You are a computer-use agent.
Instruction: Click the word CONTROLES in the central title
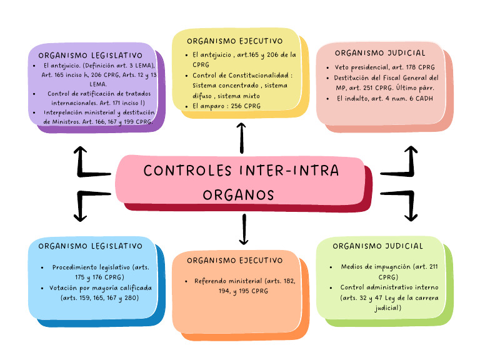pos(178,171)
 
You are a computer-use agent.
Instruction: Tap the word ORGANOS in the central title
pos(239,194)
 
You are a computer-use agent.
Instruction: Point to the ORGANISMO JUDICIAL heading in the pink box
pos(380,53)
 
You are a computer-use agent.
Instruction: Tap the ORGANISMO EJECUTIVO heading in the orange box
pos(234,261)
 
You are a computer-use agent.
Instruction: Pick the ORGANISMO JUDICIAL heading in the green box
pos(378,246)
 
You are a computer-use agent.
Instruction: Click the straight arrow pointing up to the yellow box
pos(242,138)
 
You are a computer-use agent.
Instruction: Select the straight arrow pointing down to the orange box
pos(244,229)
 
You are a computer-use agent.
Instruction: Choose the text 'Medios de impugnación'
pos(367,267)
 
